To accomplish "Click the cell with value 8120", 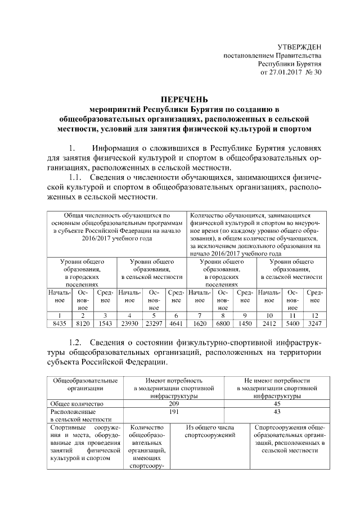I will pyautogui.click(x=82, y=324).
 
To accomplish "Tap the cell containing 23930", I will pyautogui.click(x=130, y=324).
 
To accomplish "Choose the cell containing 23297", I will pyautogui.click(x=155, y=324).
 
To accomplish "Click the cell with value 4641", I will pyautogui.click(x=176, y=324).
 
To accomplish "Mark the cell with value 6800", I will pyautogui.click(x=223, y=324).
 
